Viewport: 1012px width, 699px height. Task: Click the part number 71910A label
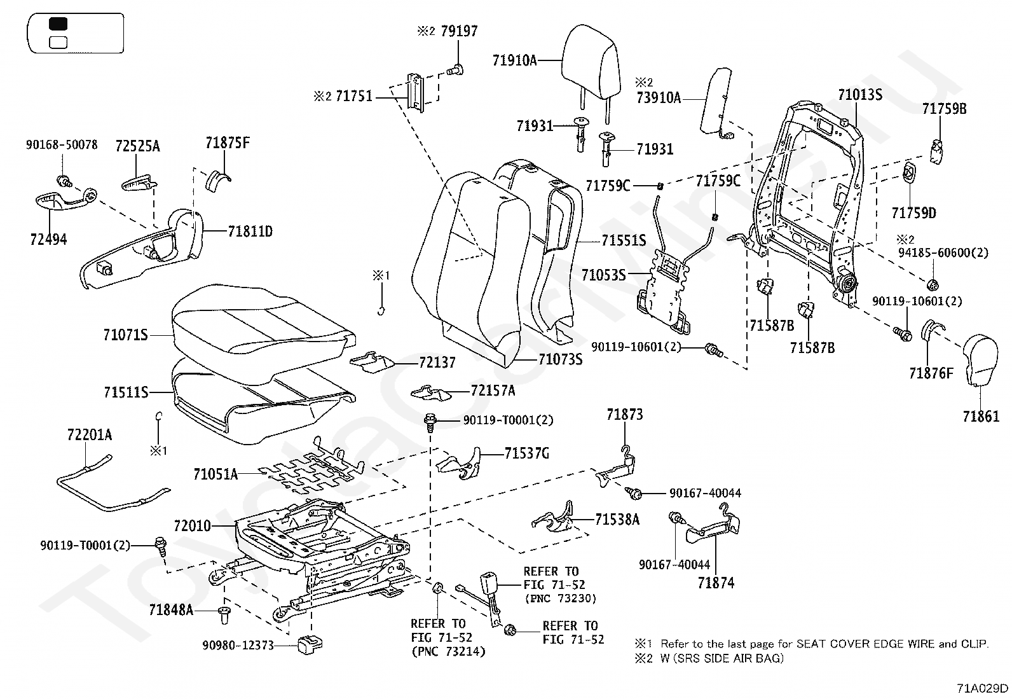(515, 60)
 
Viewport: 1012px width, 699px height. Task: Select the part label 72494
(48, 239)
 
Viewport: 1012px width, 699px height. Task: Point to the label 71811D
(250, 232)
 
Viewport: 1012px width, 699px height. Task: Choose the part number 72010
(193, 526)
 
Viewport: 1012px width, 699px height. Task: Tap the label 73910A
(659, 98)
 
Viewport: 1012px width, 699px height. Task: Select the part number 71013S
(860, 95)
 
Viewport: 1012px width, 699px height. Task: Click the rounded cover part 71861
(980, 359)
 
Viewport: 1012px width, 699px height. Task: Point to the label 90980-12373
(238, 645)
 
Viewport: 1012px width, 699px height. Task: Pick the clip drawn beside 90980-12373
(310, 644)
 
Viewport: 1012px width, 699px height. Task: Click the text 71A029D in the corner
(982, 688)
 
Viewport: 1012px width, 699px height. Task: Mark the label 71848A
(171, 611)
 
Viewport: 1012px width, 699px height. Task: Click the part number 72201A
(90, 435)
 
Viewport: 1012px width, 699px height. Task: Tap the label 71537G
(527, 453)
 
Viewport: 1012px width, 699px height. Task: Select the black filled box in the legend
(58, 24)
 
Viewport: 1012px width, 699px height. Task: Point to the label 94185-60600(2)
(943, 253)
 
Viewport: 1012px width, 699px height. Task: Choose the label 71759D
(914, 213)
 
